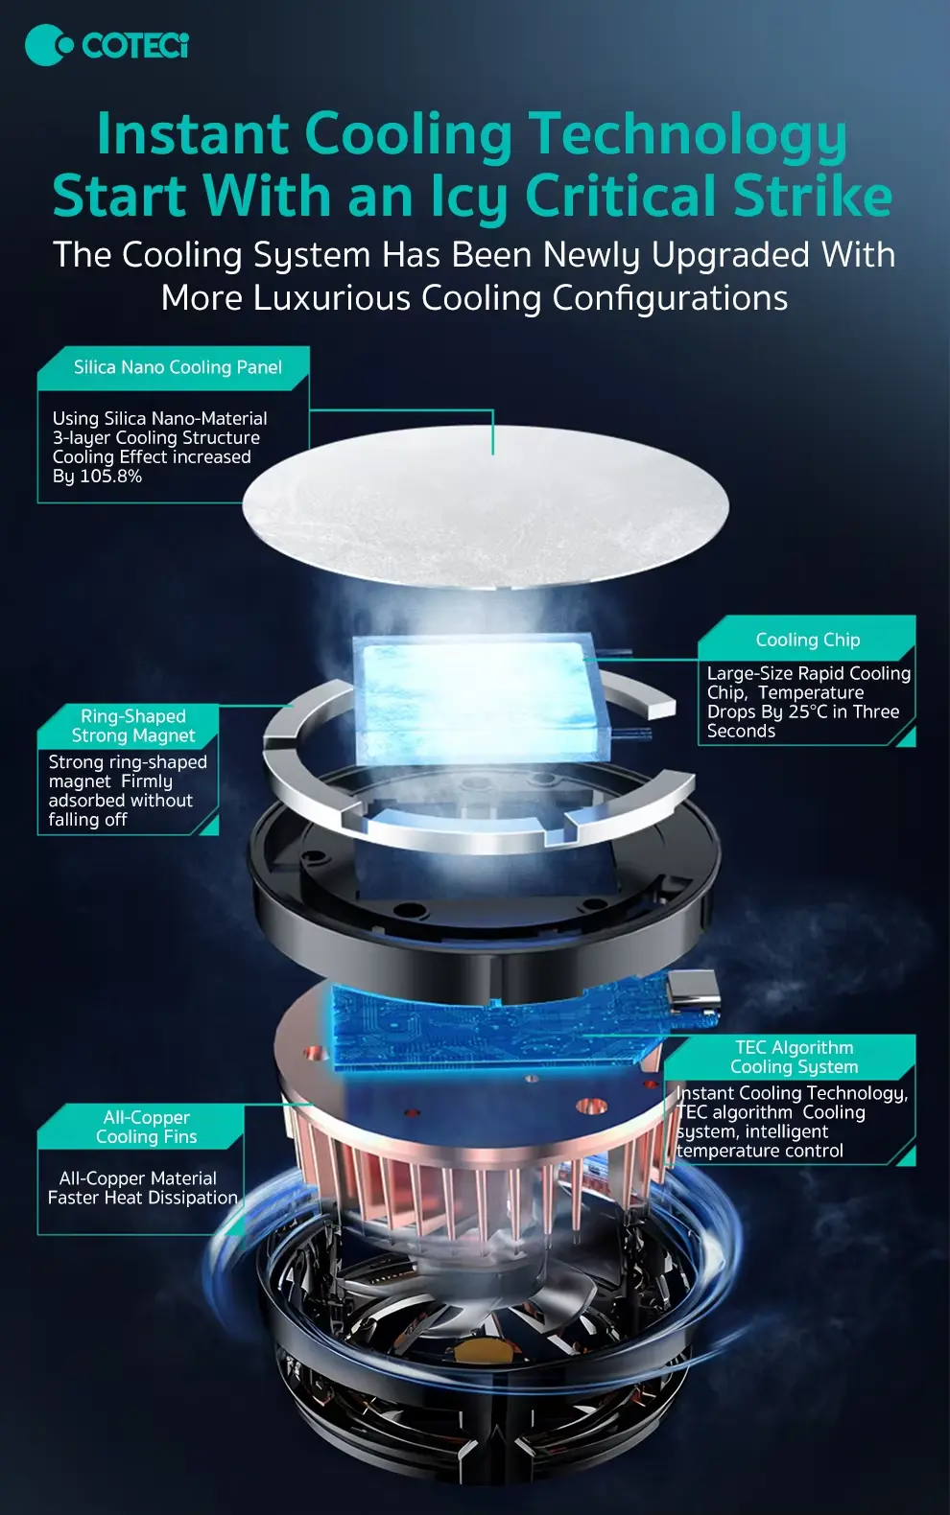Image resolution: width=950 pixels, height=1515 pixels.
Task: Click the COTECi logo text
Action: [134, 45]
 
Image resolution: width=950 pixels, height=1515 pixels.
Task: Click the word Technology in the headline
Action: [687, 134]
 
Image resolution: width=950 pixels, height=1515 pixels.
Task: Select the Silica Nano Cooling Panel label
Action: [178, 367]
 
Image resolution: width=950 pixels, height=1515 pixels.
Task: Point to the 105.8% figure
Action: [110, 477]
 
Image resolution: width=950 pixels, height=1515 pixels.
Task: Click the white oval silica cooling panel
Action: [486, 506]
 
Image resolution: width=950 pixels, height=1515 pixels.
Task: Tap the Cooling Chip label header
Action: [808, 640]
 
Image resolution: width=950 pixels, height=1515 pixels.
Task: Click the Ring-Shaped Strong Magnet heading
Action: [133, 726]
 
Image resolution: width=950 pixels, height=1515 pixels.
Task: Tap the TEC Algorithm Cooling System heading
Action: [795, 1057]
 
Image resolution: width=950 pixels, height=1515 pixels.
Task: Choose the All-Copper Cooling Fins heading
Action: [146, 1127]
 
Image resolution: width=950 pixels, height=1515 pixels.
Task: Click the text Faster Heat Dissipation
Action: [143, 1198]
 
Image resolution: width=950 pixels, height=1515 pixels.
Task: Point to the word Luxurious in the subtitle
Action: [332, 298]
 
